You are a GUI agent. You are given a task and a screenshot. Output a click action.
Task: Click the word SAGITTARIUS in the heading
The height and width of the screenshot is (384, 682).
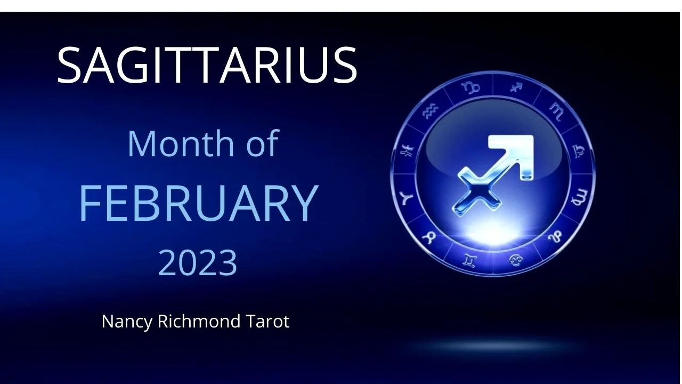pos(207,65)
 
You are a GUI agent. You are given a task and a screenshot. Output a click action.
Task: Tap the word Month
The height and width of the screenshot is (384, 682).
pos(181,143)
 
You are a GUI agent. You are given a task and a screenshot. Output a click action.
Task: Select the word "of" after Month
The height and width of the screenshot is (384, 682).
pos(263,142)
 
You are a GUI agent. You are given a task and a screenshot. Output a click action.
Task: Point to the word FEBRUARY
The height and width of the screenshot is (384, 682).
pos(199,203)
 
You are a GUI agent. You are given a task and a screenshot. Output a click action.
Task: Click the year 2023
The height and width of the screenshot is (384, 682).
pos(197,262)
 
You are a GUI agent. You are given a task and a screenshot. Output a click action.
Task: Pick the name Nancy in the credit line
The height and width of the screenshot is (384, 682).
pos(127,322)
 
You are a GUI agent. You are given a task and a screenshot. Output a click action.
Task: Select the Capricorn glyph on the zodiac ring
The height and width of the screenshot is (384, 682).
pos(471,87)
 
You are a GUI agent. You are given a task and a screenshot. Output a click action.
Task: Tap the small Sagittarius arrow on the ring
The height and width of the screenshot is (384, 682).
pos(516,87)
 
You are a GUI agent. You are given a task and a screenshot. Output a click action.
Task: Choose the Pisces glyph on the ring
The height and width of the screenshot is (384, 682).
pos(407,150)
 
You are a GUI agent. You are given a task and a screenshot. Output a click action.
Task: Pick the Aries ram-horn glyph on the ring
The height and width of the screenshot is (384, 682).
pos(407,199)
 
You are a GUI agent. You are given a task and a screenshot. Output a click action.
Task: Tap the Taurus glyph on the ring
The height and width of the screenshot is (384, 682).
pos(429,237)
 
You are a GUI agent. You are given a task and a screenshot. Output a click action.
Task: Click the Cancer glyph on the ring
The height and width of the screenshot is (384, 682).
pos(516,260)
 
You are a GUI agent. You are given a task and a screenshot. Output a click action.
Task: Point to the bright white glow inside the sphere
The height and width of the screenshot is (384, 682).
pos(493,233)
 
